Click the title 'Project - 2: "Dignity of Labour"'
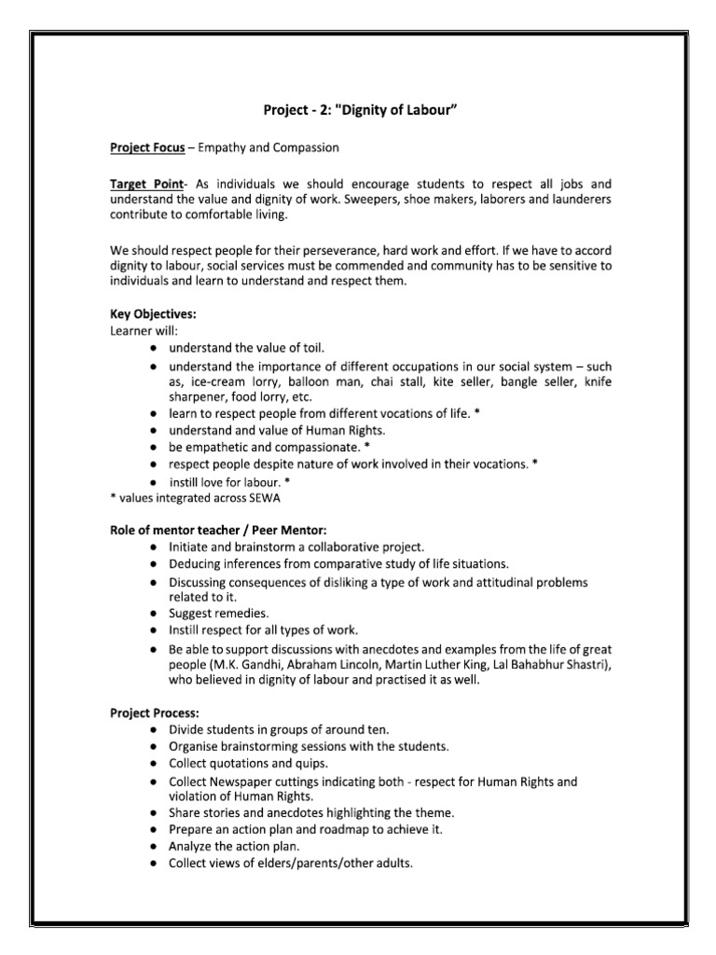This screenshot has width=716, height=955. point(360,111)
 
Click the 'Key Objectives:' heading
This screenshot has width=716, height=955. point(153,314)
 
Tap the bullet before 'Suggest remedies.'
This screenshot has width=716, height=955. point(152,614)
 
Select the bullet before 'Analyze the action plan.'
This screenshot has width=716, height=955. point(152,846)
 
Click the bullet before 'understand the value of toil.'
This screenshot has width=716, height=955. point(152,347)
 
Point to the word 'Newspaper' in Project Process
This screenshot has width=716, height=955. point(246,781)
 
